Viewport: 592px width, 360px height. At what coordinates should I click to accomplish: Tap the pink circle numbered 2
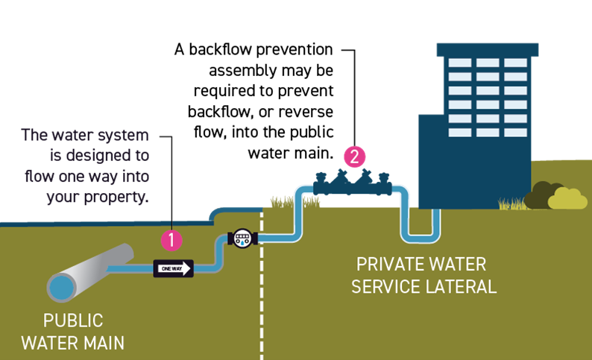(x=354, y=157)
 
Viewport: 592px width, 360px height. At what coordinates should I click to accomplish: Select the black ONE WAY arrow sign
(x=173, y=268)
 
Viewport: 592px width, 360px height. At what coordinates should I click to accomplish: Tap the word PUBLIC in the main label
(x=72, y=321)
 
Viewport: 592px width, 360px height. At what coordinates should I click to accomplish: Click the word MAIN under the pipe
(x=101, y=343)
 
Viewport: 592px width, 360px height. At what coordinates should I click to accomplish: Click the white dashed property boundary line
(x=262, y=298)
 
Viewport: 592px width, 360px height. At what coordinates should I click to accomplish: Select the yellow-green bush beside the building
(x=567, y=198)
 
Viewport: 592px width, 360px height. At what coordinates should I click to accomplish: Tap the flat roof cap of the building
(x=487, y=49)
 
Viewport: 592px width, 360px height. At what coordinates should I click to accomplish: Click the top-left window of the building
(x=459, y=63)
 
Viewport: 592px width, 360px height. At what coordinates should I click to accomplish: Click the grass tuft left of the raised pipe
(x=281, y=200)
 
